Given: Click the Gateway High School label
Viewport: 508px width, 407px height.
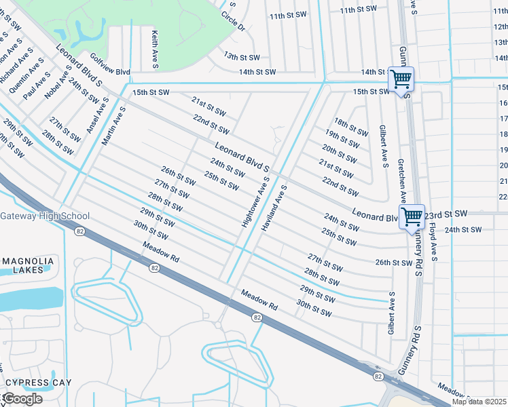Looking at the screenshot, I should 44,216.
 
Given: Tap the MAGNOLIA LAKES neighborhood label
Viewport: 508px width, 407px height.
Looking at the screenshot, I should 28,266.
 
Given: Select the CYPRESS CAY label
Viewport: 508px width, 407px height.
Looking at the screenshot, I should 38,383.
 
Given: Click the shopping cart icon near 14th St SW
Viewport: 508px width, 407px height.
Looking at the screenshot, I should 401,79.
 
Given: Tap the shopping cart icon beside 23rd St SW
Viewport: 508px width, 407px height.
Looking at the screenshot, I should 412,217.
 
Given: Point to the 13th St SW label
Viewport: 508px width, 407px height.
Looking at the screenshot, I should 242,58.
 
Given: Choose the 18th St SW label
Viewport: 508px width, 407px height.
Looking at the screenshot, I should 350,127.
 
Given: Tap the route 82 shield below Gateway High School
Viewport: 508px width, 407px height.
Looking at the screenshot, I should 80,232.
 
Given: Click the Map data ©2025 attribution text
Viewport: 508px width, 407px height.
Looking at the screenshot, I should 478,402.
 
